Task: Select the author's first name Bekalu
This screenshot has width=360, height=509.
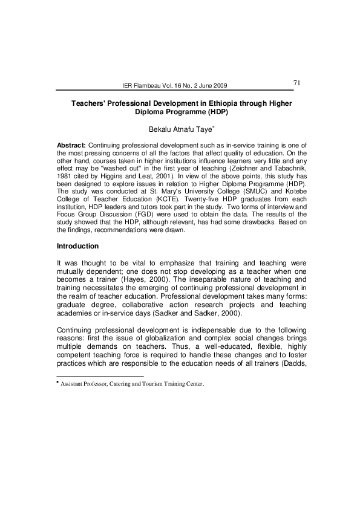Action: point(160,129)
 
